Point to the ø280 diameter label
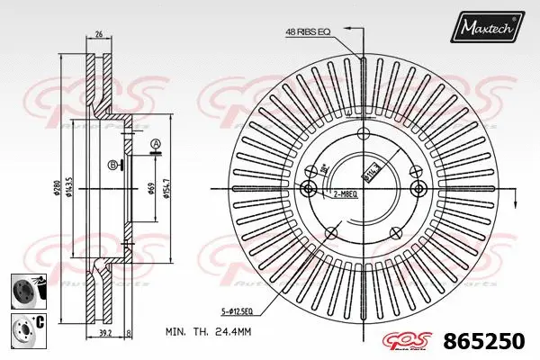(x=55, y=188)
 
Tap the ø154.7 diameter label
(x=169, y=188)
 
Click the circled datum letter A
(x=155, y=144)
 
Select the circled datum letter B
(x=112, y=164)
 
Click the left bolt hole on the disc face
(x=309, y=188)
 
